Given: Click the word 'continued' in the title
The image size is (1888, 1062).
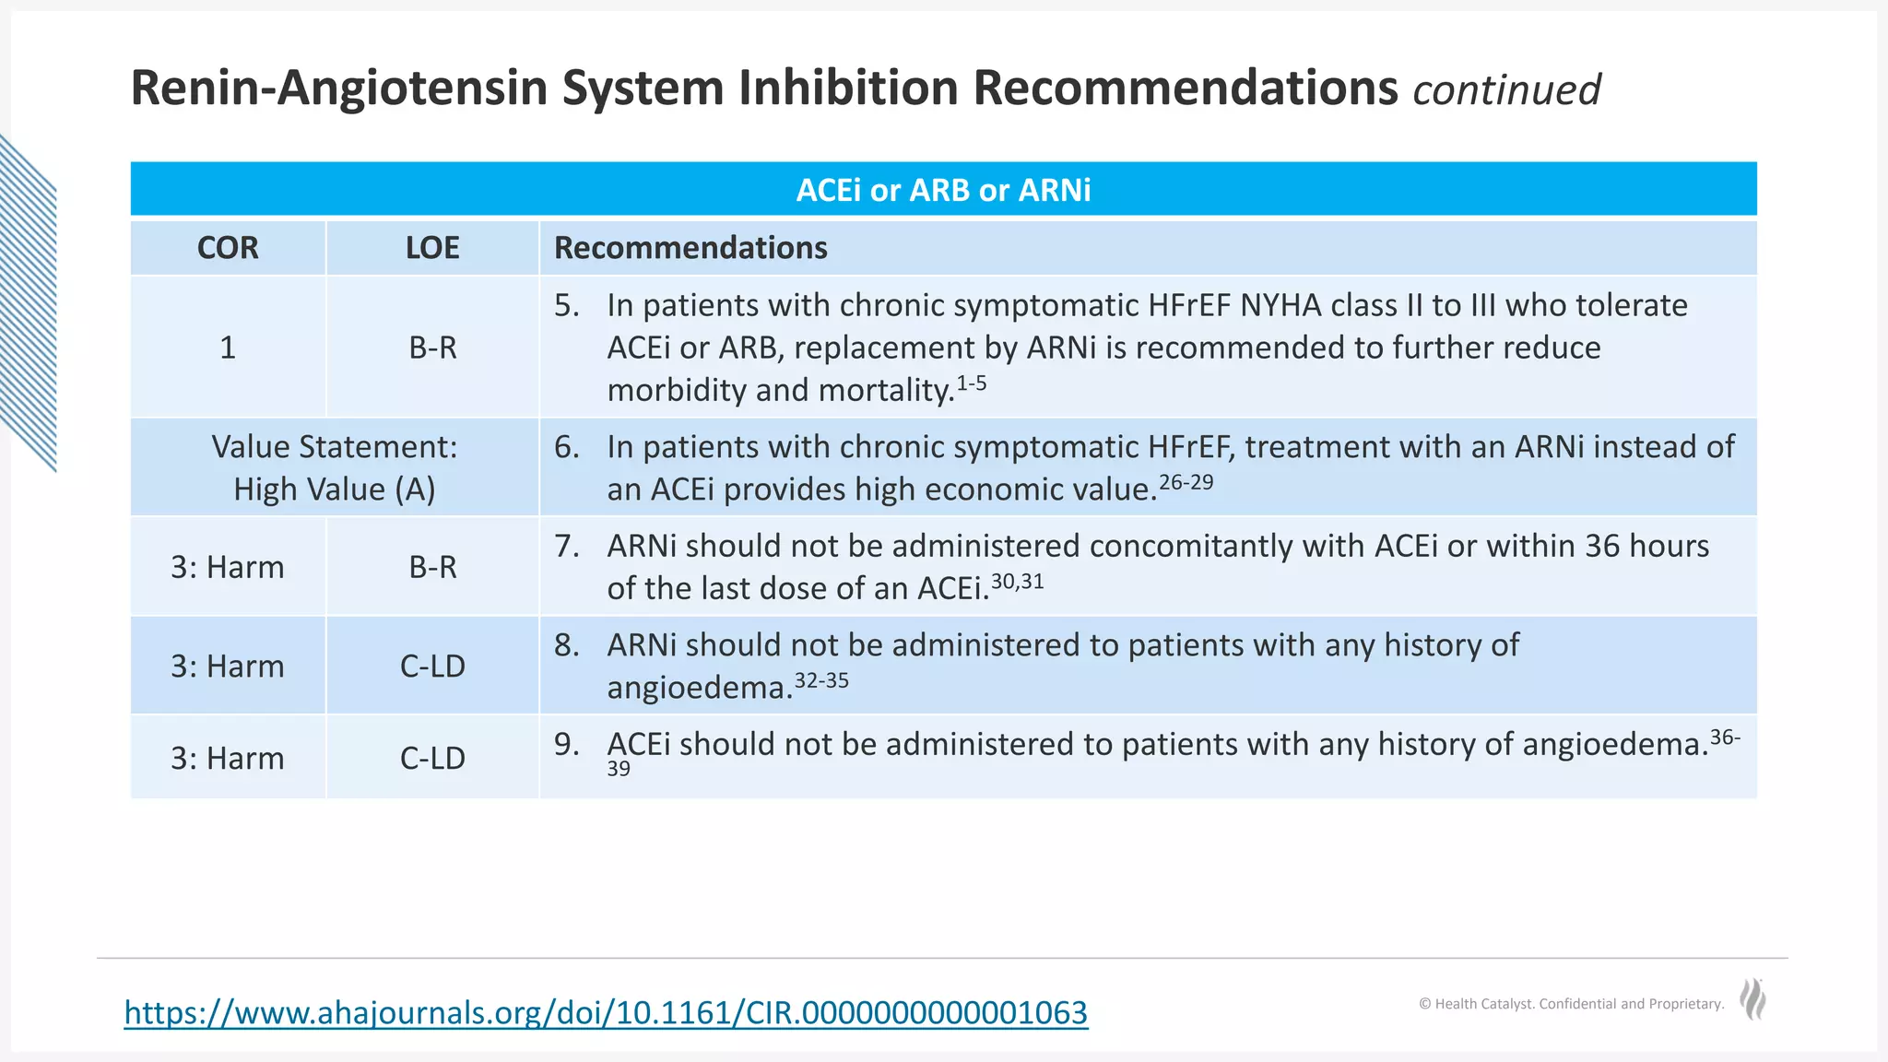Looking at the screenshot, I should click(1506, 90).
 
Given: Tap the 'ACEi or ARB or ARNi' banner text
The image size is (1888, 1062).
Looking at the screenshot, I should click(943, 190).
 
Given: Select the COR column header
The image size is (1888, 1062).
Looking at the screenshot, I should click(228, 248).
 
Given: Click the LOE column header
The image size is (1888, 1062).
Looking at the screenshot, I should click(432, 248).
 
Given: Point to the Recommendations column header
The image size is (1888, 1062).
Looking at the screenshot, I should click(690, 248).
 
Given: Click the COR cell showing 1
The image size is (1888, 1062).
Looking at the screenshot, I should click(228, 348).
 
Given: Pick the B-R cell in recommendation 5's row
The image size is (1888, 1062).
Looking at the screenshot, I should click(432, 348).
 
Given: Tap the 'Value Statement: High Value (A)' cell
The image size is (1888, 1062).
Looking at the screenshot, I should click(334, 467).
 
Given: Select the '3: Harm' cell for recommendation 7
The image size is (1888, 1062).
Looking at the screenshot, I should click(228, 567).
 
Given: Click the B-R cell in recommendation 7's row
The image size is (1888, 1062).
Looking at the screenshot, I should click(432, 567).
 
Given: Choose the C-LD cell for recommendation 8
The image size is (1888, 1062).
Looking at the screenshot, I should click(432, 666).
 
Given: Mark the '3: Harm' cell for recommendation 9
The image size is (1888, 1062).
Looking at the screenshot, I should click(228, 758).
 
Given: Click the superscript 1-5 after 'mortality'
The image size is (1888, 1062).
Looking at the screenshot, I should click(972, 383).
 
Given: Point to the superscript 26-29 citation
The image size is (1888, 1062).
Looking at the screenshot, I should click(1186, 482).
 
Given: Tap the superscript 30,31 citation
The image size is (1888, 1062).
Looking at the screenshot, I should click(1018, 582).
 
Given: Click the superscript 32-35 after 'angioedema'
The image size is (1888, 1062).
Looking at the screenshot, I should click(821, 680).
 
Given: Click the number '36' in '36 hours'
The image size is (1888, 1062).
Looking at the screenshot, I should click(1602, 546).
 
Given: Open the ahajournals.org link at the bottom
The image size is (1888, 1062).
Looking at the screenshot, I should click(606, 1012).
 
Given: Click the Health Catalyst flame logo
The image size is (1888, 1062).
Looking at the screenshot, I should click(1752, 999).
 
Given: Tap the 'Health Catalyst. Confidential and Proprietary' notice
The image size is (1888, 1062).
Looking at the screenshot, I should click(1571, 1004).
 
